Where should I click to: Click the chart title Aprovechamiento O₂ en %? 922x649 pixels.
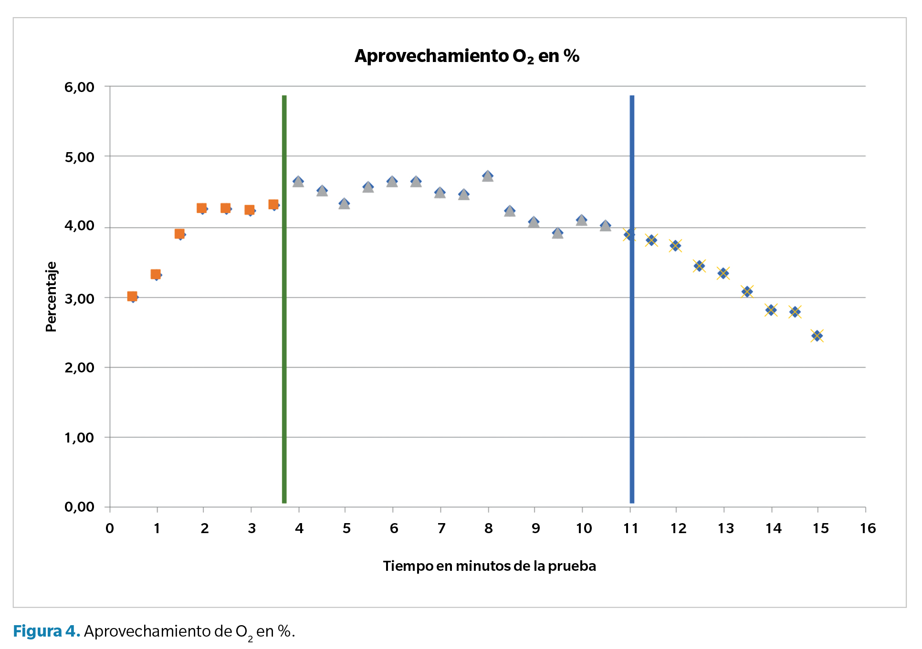(x=467, y=56)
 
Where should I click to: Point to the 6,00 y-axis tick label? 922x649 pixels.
(x=79, y=87)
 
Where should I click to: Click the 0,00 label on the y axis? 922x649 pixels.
(x=79, y=507)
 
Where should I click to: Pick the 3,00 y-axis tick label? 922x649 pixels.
(x=79, y=299)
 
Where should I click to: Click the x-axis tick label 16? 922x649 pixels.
(x=868, y=528)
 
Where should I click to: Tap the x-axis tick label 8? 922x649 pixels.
(x=488, y=528)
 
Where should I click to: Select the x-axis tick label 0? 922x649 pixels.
(x=110, y=528)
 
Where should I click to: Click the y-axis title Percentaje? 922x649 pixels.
(x=51, y=297)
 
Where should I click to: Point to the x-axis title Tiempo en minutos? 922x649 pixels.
(x=489, y=566)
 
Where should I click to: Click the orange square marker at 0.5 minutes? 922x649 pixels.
(x=132, y=297)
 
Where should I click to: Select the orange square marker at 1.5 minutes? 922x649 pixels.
(x=179, y=234)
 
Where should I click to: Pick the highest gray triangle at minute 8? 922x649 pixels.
(x=487, y=176)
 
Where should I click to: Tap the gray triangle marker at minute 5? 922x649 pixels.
(x=344, y=204)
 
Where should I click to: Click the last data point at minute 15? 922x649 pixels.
(x=817, y=336)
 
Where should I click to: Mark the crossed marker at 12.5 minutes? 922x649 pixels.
(x=699, y=266)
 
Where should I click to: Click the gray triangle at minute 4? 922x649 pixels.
(x=298, y=182)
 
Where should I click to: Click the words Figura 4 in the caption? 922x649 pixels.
(x=46, y=631)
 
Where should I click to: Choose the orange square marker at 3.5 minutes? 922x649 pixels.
(x=273, y=205)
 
